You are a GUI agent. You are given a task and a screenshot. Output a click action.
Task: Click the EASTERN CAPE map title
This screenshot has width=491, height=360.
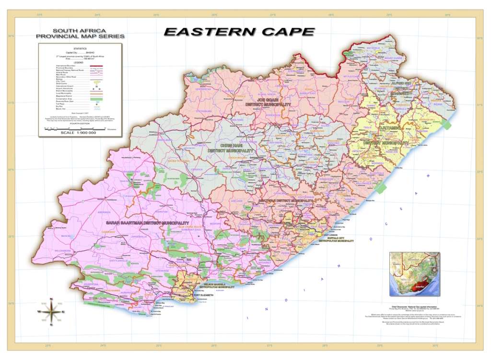pyautogui.click(x=239, y=32)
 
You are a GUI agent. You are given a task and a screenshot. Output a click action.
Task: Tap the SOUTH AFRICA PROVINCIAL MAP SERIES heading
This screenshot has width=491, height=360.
pyautogui.click(x=80, y=33)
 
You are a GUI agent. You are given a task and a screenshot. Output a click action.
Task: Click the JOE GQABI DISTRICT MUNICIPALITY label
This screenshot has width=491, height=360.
pyautogui.click(x=268, y=102)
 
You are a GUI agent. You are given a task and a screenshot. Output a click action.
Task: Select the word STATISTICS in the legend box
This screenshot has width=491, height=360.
pyautogui.click(x=80, y=49)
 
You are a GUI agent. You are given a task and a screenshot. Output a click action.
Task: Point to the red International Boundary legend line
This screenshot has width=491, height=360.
pyautogui.click(x=96, y=65)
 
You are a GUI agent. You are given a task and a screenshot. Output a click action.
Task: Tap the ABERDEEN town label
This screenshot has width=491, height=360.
pyautogui.click(x=104, y=212)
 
